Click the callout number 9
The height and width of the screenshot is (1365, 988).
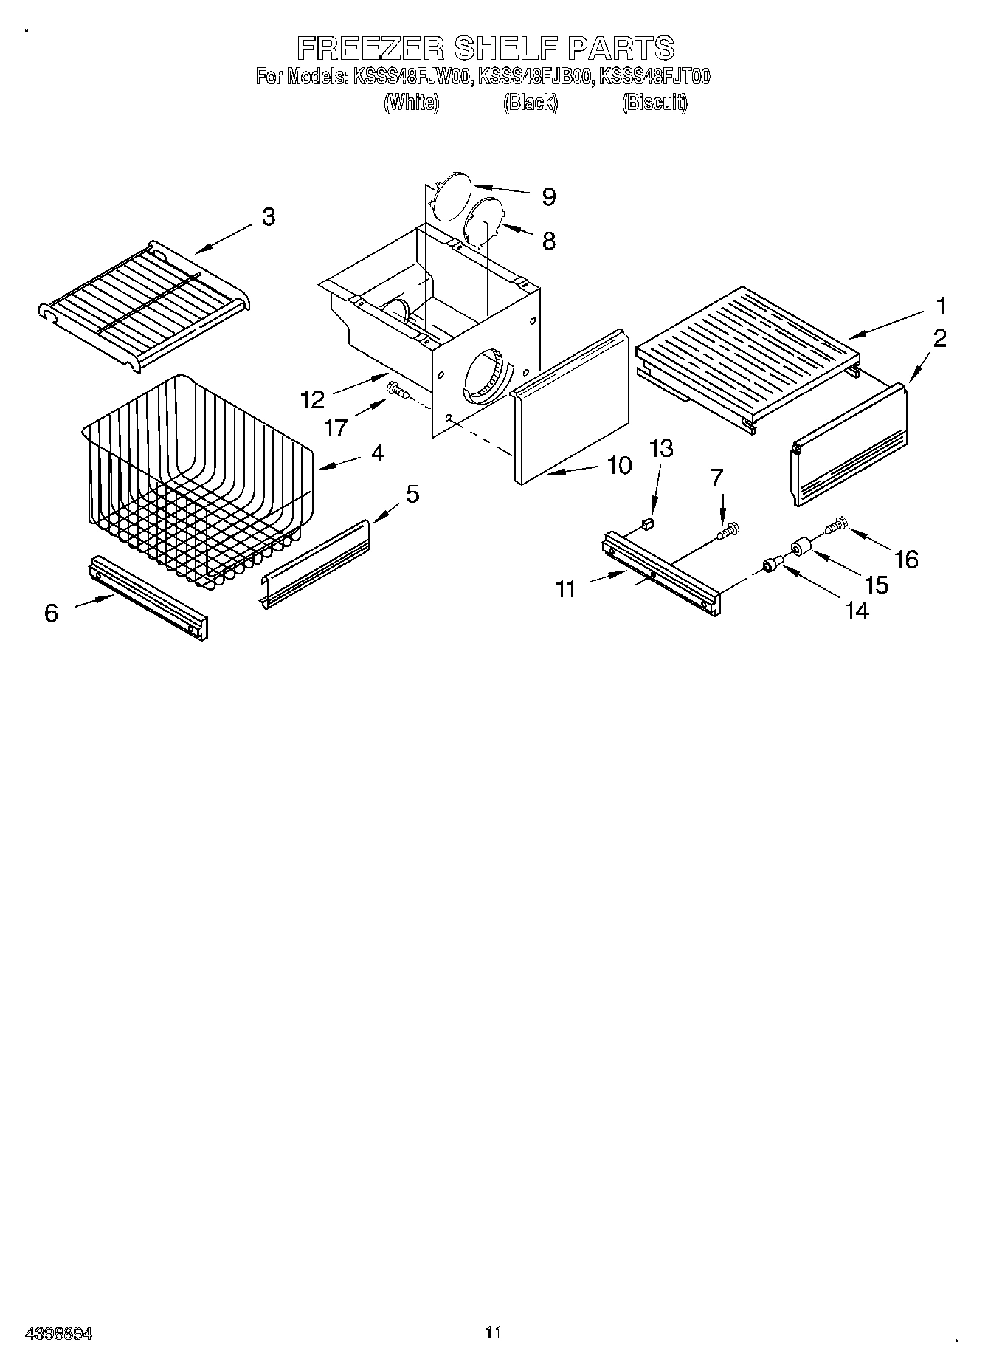548,196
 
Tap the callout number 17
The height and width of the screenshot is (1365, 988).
336,427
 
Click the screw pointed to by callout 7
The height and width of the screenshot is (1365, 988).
728,529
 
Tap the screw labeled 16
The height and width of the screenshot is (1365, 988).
834,526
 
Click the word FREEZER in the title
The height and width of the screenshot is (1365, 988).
371,48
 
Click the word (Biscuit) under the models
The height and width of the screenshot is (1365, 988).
654,103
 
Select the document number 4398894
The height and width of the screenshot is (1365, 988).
58,1333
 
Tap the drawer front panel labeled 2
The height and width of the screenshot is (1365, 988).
849,447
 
